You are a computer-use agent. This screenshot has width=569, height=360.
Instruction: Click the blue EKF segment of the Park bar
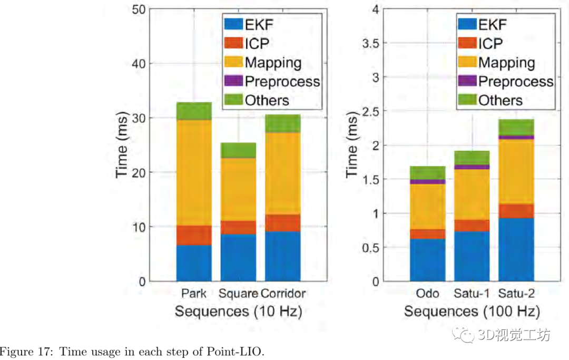point(194,262)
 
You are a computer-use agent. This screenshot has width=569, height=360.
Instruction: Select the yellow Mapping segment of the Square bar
point(238,189)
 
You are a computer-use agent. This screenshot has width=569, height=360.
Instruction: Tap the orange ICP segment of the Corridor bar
point(282,223)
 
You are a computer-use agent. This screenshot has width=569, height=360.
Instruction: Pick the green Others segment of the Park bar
point(194,111)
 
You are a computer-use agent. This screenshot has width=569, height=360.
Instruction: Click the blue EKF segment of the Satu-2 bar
point(516,249)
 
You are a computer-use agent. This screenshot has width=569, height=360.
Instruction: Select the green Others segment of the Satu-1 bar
point(472,158)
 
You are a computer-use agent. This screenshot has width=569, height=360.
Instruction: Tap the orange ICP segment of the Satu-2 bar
point(516,211)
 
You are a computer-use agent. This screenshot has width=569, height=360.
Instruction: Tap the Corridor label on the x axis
point(283,294)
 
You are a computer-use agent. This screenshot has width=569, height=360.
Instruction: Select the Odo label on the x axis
point(427,294)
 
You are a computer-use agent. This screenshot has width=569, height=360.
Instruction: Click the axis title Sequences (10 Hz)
point(238,311)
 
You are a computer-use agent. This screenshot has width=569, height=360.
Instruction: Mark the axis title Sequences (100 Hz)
point(472,311)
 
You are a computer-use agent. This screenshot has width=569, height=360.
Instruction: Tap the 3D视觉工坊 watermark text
point(514,335)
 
